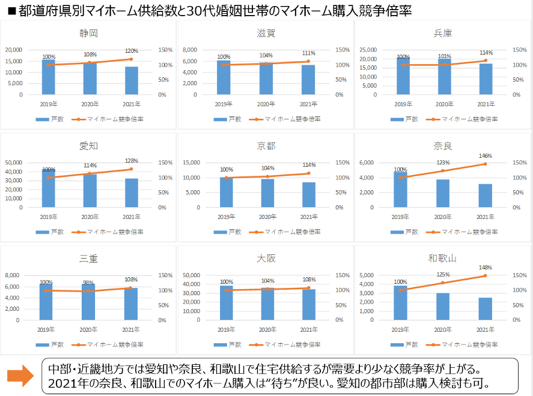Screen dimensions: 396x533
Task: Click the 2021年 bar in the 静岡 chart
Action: (131, 80)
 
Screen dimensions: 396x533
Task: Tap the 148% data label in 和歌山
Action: (486, 268)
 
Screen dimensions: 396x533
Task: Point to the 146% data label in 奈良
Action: (486, 156)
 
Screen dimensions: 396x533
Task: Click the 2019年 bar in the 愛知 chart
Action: (49, 189)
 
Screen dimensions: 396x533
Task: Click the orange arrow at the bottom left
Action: (20, 376)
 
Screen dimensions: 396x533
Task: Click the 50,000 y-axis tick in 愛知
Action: (29, 163)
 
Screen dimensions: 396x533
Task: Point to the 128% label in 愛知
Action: (132, 161)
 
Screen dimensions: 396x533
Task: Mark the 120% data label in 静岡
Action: (132, 51)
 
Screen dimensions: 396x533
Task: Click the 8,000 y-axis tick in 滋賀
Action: (206, 50)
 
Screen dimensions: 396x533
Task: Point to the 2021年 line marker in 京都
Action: (308, 173)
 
